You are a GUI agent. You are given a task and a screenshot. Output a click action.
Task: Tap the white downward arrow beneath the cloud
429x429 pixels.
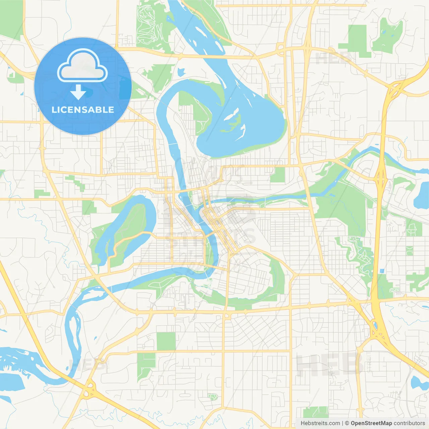(78, 92)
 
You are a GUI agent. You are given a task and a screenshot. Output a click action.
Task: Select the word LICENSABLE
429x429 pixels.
(83, 110)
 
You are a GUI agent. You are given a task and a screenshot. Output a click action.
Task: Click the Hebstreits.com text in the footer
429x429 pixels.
(320, 423)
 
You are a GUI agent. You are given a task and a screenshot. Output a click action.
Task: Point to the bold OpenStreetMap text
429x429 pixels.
(371, 423)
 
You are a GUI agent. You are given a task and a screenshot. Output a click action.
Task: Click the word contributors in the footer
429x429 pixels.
(409, 423)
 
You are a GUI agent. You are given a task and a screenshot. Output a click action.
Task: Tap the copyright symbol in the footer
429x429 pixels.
(347, 423)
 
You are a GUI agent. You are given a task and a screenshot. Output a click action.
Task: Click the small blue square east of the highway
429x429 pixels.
(382, 271)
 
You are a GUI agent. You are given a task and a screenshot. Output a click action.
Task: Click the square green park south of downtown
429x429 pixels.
(166, 341)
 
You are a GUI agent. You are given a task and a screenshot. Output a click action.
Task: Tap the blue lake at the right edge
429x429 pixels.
(422, 196)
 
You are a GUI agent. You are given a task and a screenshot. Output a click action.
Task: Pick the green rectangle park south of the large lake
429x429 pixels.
(278, 175)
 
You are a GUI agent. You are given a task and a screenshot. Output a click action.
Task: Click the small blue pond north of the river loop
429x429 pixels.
(181, 72)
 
